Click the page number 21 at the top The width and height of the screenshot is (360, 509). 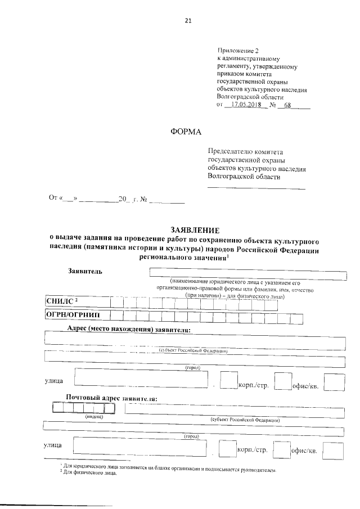click(x=188, y=21)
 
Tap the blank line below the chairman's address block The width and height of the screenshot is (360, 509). click(x=256, y=188)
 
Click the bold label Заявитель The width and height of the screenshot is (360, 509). click(x=85, y=272)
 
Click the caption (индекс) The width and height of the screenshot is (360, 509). click(x=93, y=417)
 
